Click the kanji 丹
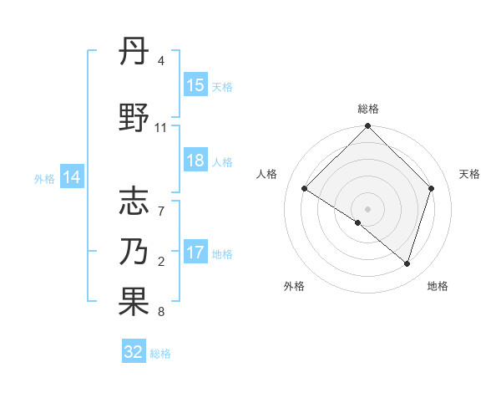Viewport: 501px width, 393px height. pyautogui.click(x=134, y=53)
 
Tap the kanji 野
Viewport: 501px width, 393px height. pyautogui.click(x=134, y=120)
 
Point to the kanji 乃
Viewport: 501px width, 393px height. pyautogui.click(x=134, y=251)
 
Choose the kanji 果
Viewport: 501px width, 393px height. pyautogui.click(x=134, y=302)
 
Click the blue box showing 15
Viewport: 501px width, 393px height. pyautogui.click(x=195, y=85)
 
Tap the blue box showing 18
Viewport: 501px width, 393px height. pyautogui.click(x=195, y=161)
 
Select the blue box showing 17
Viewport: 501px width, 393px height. pyautogui.click(x=195, y=253)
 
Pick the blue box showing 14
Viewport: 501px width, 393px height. pyautogui.click(x=72, y=177)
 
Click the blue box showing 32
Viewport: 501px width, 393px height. pyautogui.click(x=134, y=352)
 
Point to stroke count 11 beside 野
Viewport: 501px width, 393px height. pyautogui.click(x=160, y=128)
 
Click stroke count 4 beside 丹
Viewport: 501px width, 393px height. pyautogui.click(x=160, y=61)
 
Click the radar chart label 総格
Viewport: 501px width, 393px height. pyautogui.click(x=368, y=109)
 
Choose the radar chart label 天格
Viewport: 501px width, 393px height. pyautogui.click(x=469, y=174)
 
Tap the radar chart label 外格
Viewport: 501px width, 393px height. pyautogui.click(x=294, y=286)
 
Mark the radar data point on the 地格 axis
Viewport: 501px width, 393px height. pyautogui.click(x=407, y=263)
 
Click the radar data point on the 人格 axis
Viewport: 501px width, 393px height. pyautogui.click(x=305, y=189)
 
